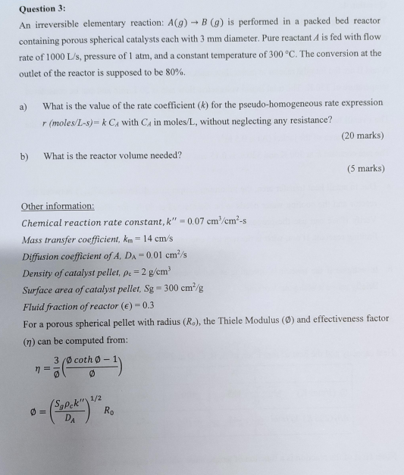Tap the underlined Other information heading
click(x=58, y=206)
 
